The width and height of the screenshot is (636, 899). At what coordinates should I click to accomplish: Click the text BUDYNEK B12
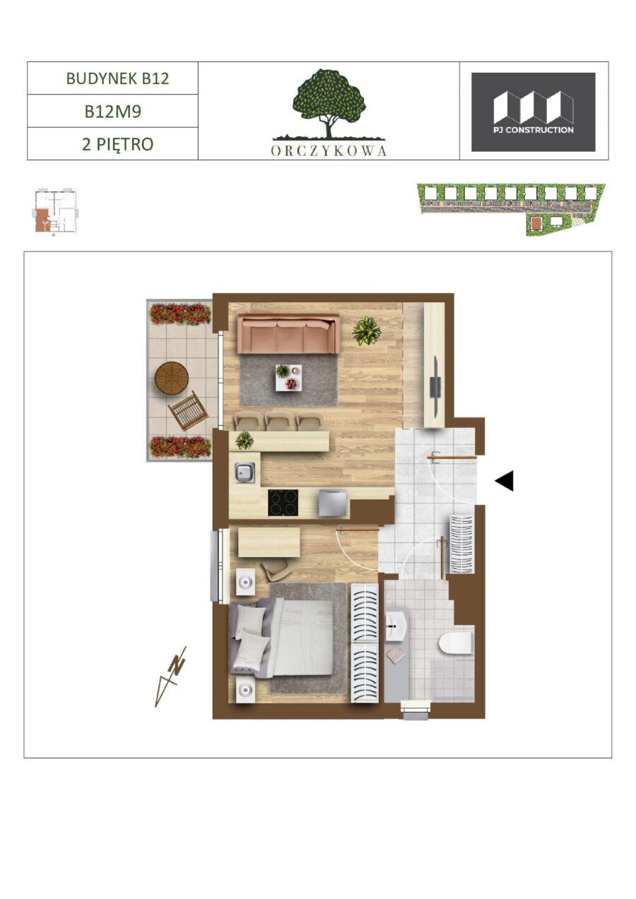click(117, 78)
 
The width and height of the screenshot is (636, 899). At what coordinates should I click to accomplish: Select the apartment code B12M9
click(113, 112)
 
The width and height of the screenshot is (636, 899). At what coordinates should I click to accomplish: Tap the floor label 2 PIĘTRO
click(117, 144)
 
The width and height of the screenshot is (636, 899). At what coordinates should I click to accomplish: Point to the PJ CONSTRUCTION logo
click(534, 112)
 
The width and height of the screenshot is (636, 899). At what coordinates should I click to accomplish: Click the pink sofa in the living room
click(288, 333)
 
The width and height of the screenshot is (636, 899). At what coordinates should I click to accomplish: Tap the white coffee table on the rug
click(288, 378)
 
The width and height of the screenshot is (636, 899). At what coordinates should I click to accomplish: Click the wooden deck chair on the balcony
click(189, 410)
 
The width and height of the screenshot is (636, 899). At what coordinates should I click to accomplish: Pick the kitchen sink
click(245, 472)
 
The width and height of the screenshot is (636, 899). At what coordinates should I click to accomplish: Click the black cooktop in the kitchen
click(283, 503)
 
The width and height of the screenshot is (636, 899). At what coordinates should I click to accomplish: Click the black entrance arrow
click(504, 481)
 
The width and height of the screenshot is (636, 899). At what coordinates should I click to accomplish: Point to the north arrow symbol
click(170, 677)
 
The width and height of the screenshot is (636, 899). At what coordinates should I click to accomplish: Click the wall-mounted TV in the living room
click(435, 385)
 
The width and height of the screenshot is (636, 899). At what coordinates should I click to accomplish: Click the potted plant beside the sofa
click(367, 331)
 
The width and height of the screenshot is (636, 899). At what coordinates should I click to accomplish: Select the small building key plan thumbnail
click(55, 210)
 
